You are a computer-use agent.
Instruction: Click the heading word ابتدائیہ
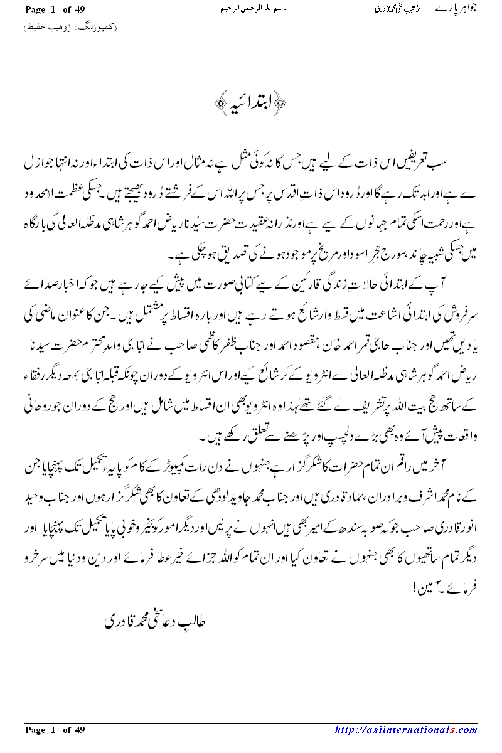point(250,102)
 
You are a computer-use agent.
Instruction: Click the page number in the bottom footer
point(55,729)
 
